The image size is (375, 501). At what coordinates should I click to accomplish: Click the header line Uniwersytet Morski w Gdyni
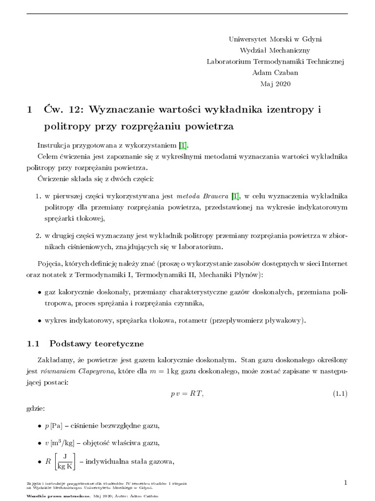tap(275, 39)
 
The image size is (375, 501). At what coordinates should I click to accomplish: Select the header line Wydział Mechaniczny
tap(275, 50)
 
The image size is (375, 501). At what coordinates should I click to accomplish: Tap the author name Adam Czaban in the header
tap(275, 72)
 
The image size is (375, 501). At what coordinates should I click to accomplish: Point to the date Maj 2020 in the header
tap(275, 84)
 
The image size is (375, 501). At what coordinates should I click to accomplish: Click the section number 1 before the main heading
tap(29, 110)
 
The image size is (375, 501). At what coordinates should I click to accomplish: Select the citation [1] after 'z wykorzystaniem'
tap(183, 145)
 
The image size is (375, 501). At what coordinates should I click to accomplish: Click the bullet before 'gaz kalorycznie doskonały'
tap(39, 292)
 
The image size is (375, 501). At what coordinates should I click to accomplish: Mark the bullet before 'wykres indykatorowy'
tap(39, 321)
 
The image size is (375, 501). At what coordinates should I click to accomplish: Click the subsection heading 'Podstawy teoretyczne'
tap(97, 343)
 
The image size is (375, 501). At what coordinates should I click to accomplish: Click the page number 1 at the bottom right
tap(346, 483)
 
